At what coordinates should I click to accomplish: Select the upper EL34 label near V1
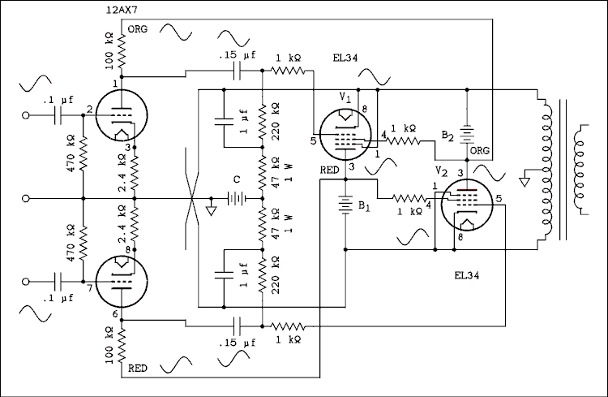click(345, 58)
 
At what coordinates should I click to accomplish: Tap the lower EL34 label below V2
click(467, 276)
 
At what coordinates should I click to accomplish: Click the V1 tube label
click(345, 96)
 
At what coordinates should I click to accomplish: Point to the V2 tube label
click(441, 171)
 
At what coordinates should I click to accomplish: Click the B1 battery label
click(365, 206)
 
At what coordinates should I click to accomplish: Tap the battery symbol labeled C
click(237, 198)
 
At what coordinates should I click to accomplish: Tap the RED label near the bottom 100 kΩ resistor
click(139, 369)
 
